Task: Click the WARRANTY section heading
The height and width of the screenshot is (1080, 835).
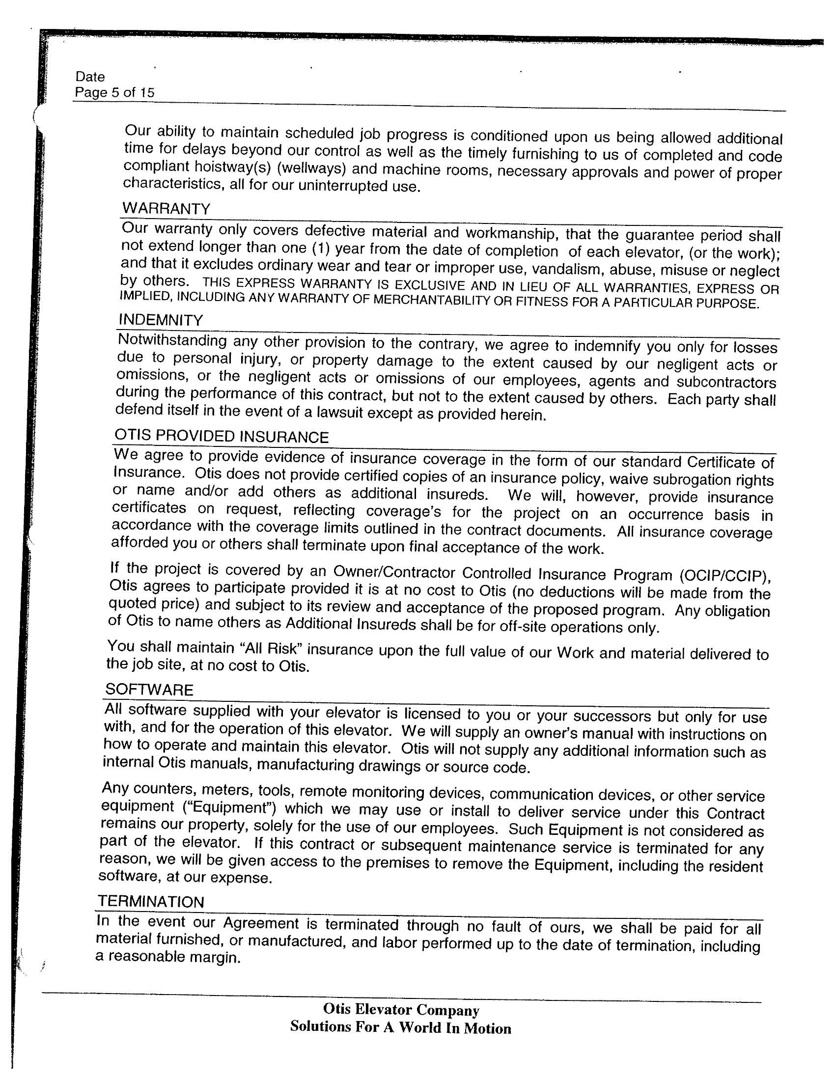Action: [166, 208]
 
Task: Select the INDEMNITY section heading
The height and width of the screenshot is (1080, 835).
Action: [161, 320]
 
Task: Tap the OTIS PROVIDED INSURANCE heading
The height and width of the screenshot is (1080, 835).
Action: [222, 437]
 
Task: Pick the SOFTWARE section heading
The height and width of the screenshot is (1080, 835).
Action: [149, 690]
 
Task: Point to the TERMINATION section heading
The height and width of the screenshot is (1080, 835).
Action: [150, 902]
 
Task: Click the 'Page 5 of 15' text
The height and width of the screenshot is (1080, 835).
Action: [114, 92]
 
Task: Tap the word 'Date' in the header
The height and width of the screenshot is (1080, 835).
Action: [90, 77]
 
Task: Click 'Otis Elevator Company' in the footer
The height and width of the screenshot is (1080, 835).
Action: [401, 1010]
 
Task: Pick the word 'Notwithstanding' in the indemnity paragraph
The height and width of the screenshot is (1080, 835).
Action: [172, 341]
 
